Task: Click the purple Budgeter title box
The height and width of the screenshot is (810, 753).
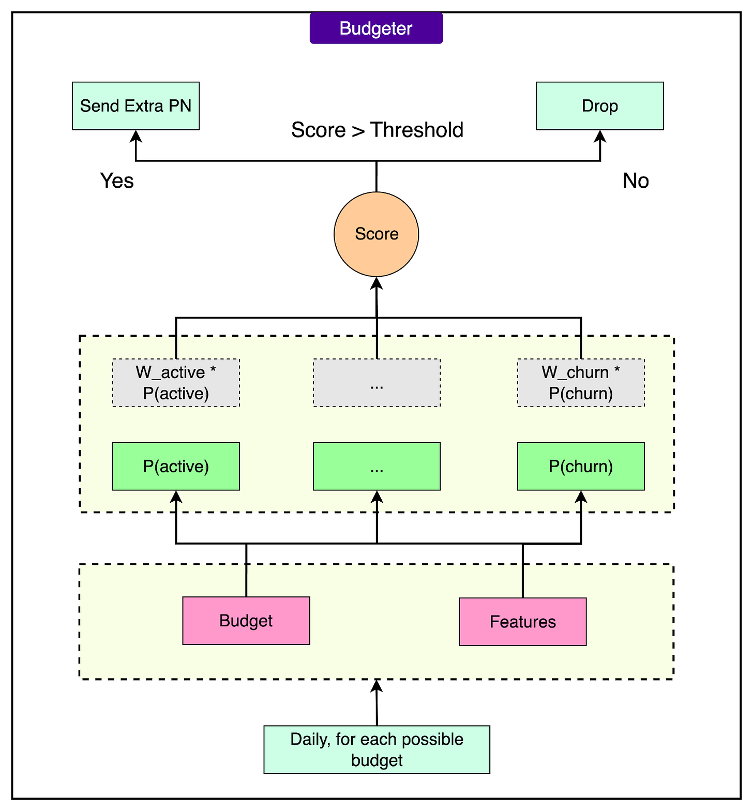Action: coord(376,28)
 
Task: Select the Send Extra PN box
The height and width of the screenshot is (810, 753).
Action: coord(135,106)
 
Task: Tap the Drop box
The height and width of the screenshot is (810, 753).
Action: coord(599,106)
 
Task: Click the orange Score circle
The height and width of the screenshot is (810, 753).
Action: coord(376,234)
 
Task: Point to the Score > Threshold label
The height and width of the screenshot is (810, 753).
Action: coord(377,130)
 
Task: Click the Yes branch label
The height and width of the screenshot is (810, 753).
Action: coord(117,181)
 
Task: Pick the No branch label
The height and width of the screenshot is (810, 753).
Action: coord(636,181)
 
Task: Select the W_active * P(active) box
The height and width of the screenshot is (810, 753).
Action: coord(176,383)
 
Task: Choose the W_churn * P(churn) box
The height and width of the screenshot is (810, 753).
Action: coord(581,383)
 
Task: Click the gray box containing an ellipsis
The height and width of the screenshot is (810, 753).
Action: coord(377,383)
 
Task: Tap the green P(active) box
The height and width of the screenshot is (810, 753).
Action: coord(176,466)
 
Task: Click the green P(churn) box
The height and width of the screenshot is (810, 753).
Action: coord(581,466)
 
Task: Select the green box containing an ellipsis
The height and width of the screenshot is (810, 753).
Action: coord(377,466)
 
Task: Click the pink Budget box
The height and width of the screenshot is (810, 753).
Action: coord(246,620)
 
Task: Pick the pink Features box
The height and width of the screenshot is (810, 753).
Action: coord(522,621)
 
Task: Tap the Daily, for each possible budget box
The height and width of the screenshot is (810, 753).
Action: coord(377,749)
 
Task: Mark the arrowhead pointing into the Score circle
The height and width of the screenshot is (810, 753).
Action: coord(377,283)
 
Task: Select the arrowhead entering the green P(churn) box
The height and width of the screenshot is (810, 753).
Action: coord(581,497)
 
